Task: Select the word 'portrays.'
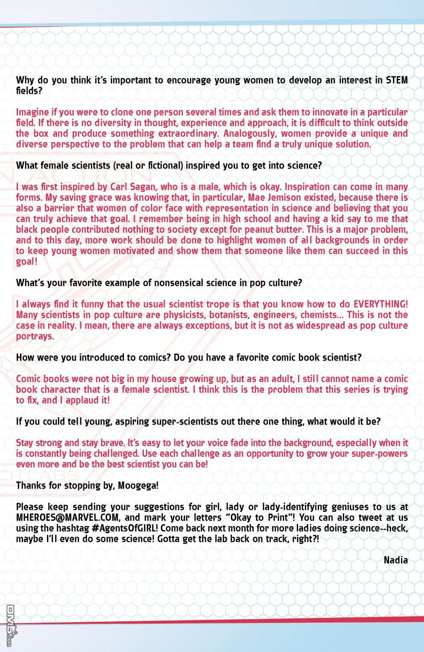click(x=35, y=336)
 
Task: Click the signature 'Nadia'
click(x=395, y=560)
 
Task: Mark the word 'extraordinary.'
click(x=188, y=134)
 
